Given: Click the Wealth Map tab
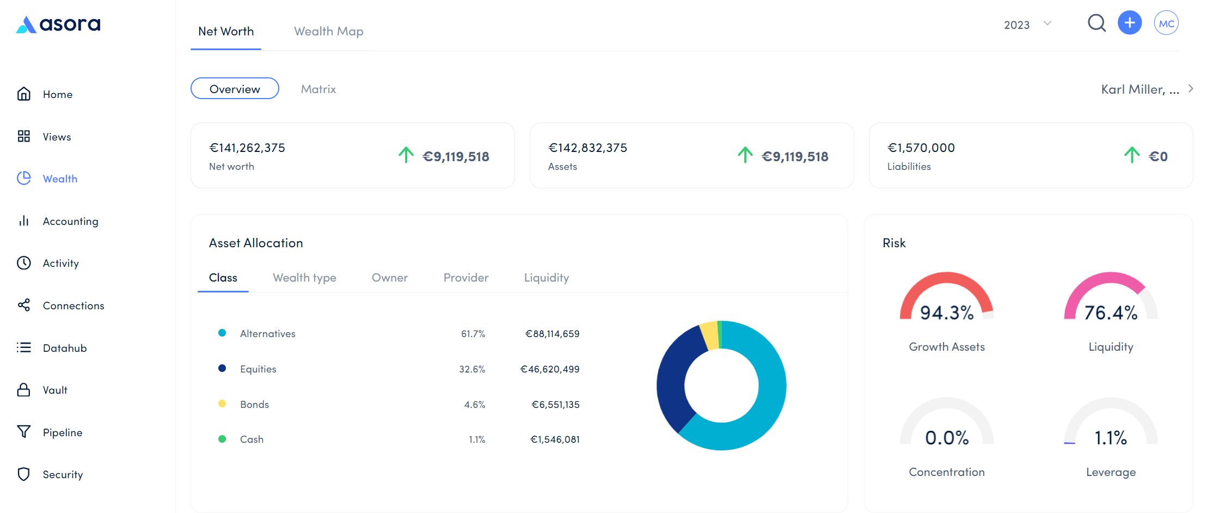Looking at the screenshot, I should pyautogui.click(x=328, y=32).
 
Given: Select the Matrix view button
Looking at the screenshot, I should pyautogui.click(x=318, y=89).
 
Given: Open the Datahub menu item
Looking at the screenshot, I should pyautogui.click(x=64, y=348).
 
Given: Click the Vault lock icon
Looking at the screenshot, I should pyautogui.click(x=24, y=390).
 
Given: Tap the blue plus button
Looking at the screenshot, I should pyautogui.click(x=1130, y=23).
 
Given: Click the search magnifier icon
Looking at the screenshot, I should pyautogui.click(x=1096, y=23).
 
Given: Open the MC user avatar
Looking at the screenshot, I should pyautogui.click(x=1166, y=23).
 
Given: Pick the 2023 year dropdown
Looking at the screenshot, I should pyautogui.click(x=1027, y=25).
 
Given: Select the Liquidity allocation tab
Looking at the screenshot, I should pyautogui.click(x=546, y=278).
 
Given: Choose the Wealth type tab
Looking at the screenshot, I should pyautogui.click(x=304, y=278).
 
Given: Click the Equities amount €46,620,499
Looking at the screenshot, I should pyautogui.click(x=550, y=369).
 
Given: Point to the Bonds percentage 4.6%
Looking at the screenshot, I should pyautogui.click(x=474, y=405).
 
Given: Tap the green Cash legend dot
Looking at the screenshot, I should pyautogui.click(x=222, y=439).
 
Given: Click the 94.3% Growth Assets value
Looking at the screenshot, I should pyautogui.click(x=947, y=313).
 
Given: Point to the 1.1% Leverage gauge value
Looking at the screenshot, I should pyautogui.click(x=1111, y=438).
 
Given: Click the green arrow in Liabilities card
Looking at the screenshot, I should pyautogui.click(x=1131, y=155).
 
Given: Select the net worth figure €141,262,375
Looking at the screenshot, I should pyautogui.click(x=247, y=148).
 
